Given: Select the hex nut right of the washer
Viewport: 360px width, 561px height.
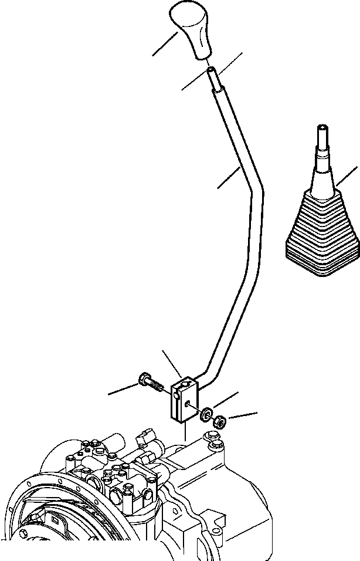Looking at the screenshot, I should tap(220, 420).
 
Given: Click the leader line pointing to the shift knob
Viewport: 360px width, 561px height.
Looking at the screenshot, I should tap(165, 44).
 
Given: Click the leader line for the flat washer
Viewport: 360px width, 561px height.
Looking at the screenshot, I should tap(226, 399).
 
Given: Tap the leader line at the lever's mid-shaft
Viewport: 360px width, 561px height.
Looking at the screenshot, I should tap(229, 178).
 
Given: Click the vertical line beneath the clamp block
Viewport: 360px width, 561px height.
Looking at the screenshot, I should tap(185, 432).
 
